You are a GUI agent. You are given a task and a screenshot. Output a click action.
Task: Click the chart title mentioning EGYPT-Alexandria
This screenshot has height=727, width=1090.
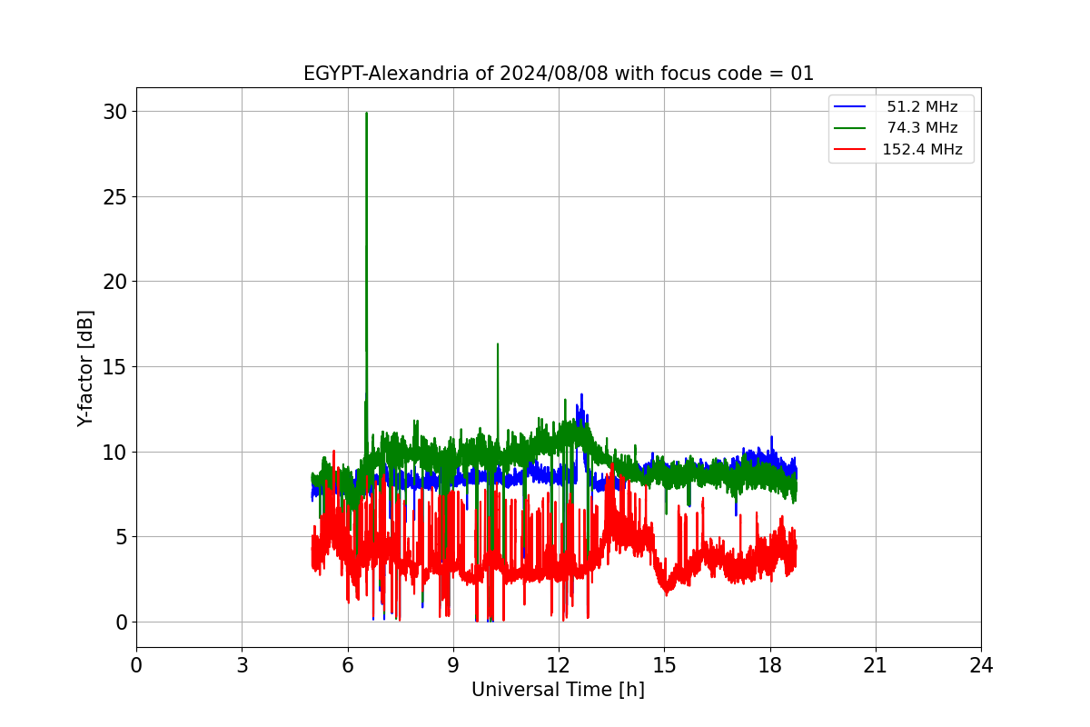pos(558,74)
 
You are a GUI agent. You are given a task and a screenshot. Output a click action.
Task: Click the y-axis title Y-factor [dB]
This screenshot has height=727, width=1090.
pos(85,369)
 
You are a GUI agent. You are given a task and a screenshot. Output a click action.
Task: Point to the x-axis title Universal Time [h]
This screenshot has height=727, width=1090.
pos(558,690)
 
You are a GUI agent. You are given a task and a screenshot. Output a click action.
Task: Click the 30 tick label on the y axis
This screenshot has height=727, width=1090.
pos(114,112)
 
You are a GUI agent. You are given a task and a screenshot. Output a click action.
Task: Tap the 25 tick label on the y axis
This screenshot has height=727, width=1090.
pos(114,197)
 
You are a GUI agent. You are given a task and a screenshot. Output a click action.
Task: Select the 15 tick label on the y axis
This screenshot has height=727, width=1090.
pos(114,367)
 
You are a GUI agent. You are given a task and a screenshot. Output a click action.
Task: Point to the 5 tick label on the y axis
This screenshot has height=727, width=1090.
pos(121,537)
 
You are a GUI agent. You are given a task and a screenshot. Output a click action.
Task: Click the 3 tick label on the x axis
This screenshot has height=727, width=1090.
pos(243,665)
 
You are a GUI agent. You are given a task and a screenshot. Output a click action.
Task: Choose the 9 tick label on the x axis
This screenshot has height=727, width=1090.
pos(453,665)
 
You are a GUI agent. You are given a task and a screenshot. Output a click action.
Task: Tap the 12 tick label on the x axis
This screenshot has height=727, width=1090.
pos(559,665)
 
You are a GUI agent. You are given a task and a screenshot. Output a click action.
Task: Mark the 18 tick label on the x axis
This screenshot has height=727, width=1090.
pos(770,665)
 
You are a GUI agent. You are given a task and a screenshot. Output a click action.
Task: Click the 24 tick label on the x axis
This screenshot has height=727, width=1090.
pos(981,665)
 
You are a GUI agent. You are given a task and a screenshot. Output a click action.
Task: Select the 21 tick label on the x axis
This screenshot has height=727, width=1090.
pos(876,665)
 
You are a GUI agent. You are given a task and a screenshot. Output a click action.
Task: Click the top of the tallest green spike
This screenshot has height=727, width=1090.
pos(366,113)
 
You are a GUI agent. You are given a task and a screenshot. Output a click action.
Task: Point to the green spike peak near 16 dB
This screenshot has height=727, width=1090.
pos(498,344)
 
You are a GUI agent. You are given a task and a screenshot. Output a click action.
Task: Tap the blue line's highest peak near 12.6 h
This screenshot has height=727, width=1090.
pos(581,394)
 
